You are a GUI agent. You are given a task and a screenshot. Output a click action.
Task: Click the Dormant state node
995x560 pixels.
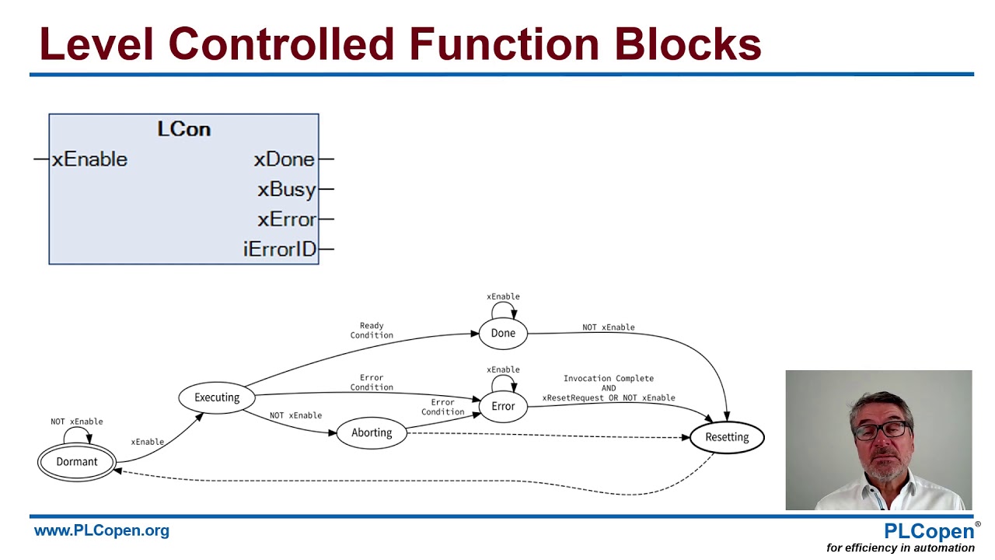pyautogui.click(x=77, y=462)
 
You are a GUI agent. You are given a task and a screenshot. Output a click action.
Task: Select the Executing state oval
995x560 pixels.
pyautogui.click(x=217, y=397)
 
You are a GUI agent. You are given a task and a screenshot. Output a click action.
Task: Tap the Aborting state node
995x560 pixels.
pyautogui.click(x=372, y=433)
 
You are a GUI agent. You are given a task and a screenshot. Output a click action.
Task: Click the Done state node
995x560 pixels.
pyautogui.click(x=503, y=333)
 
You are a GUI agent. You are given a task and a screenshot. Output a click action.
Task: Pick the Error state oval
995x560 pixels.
pyautogui.click(x=503, y=406)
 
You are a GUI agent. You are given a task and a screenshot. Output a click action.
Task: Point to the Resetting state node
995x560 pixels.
pyautogui.click(x=727, y=437)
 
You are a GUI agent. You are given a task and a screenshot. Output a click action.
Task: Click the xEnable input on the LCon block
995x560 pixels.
pyautogui.click(x=89, y=159)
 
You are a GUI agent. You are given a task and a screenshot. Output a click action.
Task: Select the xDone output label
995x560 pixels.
pyautogui.click(x=285, y=159)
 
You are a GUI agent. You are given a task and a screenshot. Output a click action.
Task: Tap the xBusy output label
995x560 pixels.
pyautogui.click(x=287, y=190)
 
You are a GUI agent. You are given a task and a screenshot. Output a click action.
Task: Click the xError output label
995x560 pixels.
pyautogui.click(x=287, y=219)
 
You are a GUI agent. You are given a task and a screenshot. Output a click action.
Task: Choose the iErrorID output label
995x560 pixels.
pyautogui.click(x=280, y=250)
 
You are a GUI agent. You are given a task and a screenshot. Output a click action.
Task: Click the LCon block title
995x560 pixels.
pyautogui.click(x=184, y=129)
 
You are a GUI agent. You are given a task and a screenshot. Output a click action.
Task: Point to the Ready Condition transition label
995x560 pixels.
pyautogui.click(x=372, y=331)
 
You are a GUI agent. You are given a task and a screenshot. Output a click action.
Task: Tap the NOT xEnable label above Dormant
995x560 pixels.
pyautogui.click(x=77, y=422)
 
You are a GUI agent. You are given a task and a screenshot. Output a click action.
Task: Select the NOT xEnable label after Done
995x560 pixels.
pyautogui.click(x=609, y=327)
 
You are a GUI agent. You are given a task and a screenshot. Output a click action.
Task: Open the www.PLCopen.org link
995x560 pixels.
pyautogui.click(x=101, y=531)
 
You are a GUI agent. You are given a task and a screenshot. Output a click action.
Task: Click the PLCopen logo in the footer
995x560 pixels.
pyautogui.click(x=929, y=532)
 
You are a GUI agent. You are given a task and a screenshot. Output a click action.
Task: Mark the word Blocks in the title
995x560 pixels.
pyautogui.click(x=688, y=44)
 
